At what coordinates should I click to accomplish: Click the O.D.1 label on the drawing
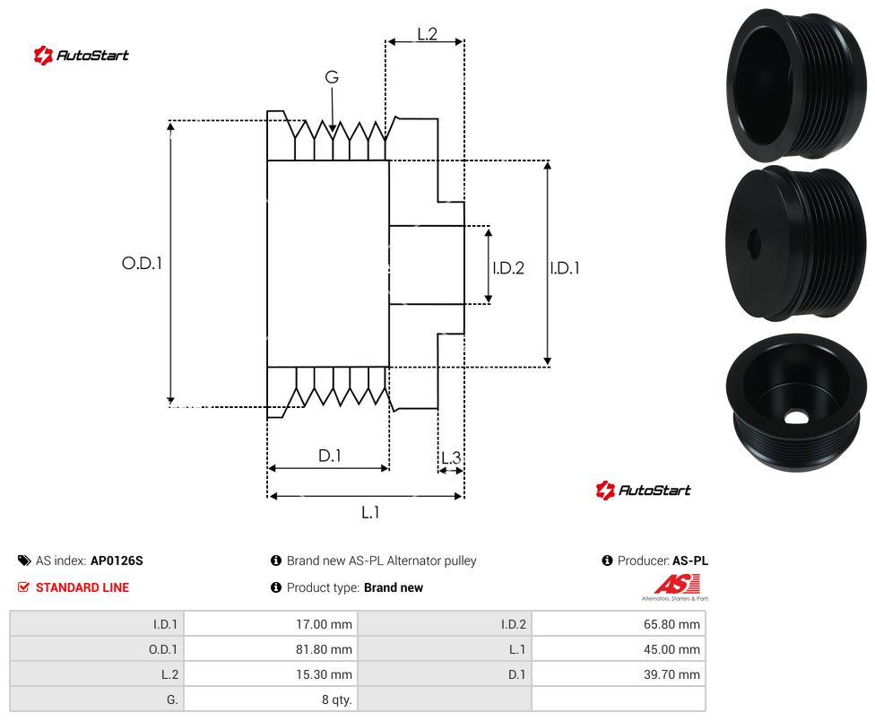point(142,263)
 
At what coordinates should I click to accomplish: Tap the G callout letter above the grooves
point(332,77)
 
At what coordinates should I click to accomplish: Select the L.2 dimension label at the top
point(427,34)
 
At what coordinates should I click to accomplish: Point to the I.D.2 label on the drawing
point(507,268)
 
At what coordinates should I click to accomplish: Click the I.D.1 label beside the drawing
point(564,268)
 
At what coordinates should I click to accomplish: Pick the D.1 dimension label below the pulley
point(329,456)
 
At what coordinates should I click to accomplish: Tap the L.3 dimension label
point(451,457)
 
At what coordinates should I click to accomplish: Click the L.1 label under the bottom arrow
point(370,512)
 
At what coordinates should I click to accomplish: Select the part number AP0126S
point(117,560)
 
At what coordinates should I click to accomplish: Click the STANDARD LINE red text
point(82,587)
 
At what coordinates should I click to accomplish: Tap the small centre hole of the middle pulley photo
point(754,243)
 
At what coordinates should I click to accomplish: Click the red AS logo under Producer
point(676,584)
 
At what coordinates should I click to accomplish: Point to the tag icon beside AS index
point(24,560)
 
